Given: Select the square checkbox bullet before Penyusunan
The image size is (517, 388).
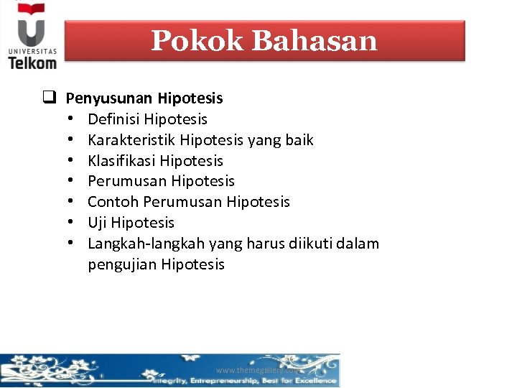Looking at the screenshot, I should (x=49, y=98).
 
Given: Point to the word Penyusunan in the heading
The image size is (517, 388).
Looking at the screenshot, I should (x=109, y=98).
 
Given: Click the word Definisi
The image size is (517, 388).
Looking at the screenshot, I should (x=113, y=119).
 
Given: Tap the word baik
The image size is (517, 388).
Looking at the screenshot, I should (x=299, y=140).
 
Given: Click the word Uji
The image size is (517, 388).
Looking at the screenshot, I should (x=98, y=223).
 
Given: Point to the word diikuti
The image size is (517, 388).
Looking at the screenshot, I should (x=305, y=244).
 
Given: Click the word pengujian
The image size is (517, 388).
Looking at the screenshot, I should (x=122, y=264).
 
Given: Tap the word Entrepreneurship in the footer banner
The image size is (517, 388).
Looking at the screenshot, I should (x=226, y=380).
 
